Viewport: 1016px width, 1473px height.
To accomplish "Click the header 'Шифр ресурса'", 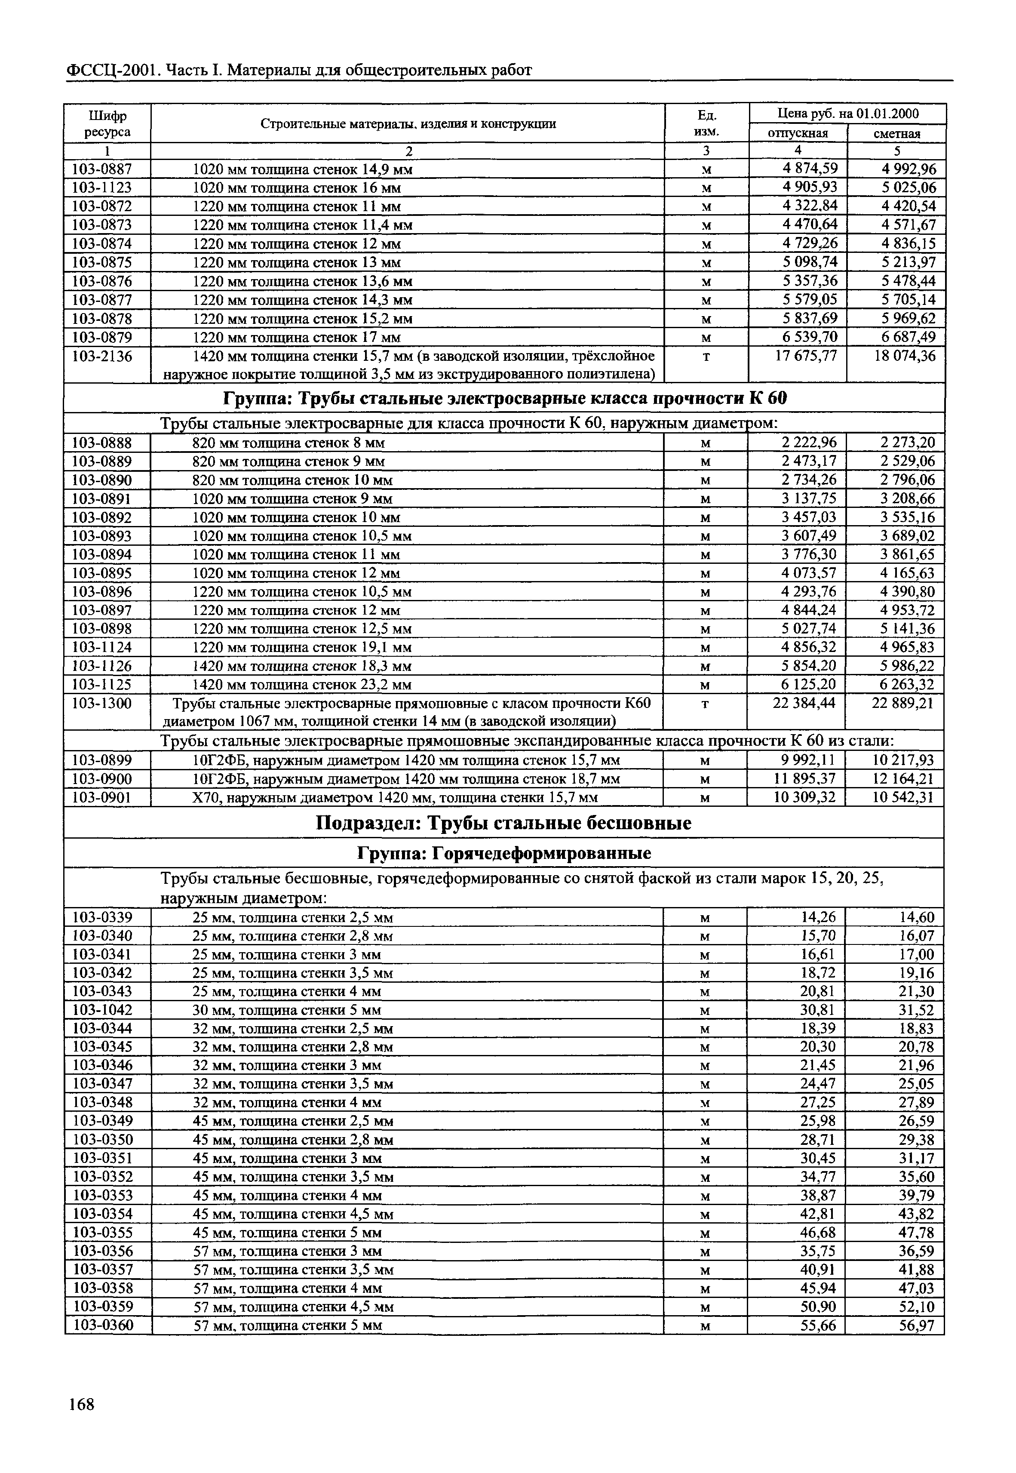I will (x=107, y=123).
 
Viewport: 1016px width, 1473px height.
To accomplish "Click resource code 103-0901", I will (x=102, y=797).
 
